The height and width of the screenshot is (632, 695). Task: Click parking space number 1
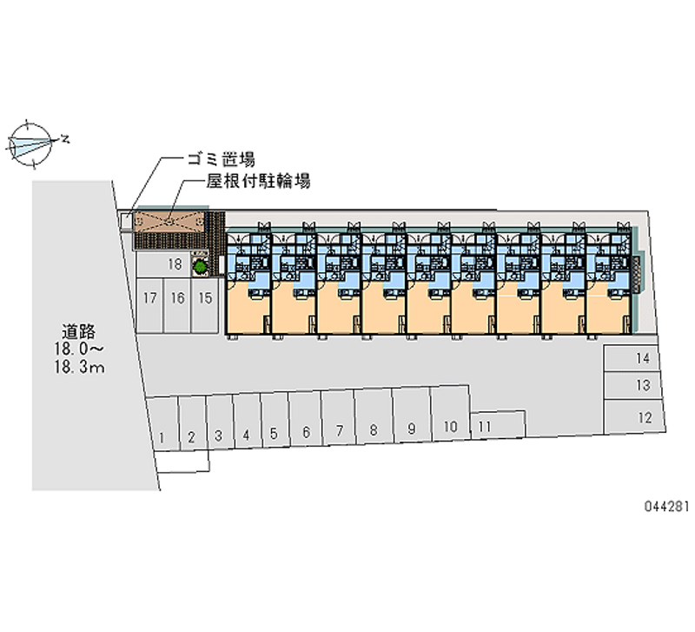pyautogui.click(x=163, y=436)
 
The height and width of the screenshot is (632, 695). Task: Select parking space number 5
pyautogui.click(x=274, y=432)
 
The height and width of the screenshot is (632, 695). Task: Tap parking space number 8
pyautogui.click(x=374, y=429)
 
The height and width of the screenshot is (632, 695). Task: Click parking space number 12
pyautogui.click(x=644, y=417)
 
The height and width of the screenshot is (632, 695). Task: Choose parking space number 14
pyautogui.click(x=642, y=358)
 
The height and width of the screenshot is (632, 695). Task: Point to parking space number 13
pyautogui.click(x=643, y=385)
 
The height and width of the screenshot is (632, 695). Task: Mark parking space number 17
pyautogui.click(x=149, y=298)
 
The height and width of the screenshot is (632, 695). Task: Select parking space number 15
pyautogui.click(x=205, y=298)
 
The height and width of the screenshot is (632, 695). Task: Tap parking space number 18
pyautogui.click(x=174, y=264)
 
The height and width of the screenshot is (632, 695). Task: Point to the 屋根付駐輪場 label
pyautogui.click(x=258, y=182)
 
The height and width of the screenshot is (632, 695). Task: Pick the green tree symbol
pyautogui.click(x=199, y=265)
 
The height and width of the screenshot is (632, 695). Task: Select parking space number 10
pyautogui.click(x=450, y=427)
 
